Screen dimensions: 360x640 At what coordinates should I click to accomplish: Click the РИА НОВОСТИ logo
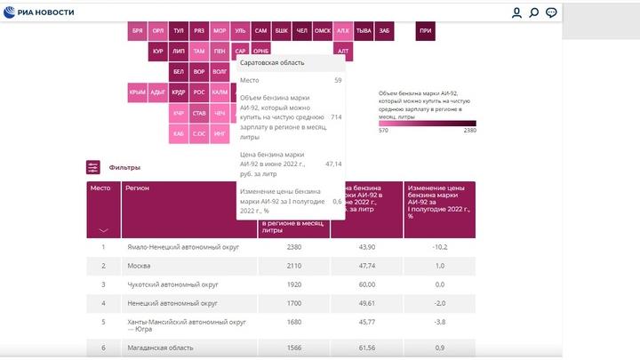pos(41,12)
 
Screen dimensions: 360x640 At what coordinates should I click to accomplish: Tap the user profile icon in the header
pos(516,12)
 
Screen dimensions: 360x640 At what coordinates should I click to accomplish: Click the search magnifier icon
pos(534,12)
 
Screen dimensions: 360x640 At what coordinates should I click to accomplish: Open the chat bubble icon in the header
pos(551,12)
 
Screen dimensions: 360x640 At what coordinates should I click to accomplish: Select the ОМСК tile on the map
pos(323,30)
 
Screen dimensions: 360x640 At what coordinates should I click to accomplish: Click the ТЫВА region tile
pos(364,30)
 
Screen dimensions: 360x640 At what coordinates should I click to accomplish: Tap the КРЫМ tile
pos(137,92)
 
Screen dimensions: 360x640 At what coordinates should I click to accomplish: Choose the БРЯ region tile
pos(137,30)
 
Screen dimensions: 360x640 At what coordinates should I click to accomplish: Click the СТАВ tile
pos(199,113)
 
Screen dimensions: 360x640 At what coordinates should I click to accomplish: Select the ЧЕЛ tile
pos(301,30)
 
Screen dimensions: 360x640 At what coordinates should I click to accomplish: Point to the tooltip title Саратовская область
pos(272,62)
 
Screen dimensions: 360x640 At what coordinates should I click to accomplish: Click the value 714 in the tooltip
pos(336,117)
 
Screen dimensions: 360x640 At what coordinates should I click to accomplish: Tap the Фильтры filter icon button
pos(93,167)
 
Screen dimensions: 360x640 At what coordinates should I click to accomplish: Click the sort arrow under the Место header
pos(103,230)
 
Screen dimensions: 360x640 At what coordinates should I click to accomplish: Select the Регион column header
pos(137,188)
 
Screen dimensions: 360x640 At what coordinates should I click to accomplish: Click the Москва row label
pos(138,265)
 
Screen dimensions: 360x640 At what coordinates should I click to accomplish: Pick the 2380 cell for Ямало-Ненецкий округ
pos(293,246)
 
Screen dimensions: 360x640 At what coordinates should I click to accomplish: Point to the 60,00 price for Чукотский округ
pos(366,284)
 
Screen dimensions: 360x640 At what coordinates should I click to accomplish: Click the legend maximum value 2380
pos(469,130)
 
